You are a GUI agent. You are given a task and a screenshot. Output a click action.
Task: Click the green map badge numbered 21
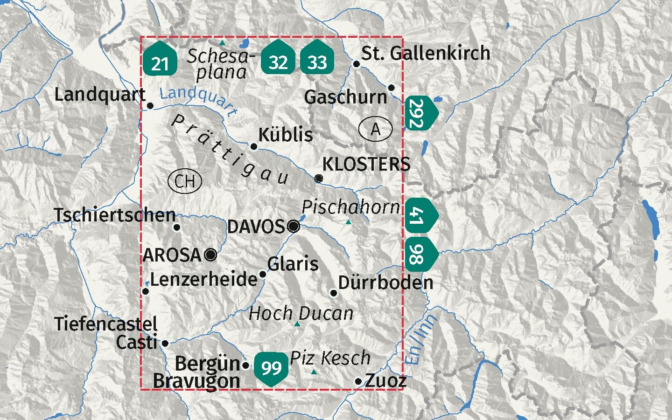(x=160, y=59)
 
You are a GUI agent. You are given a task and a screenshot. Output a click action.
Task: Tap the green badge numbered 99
(x=271, y=367)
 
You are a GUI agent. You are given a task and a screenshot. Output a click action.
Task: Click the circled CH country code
(x=185, y=181)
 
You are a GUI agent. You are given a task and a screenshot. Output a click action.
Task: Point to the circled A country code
(x=376, y=129)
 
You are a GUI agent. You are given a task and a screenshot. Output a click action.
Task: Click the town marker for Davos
(x=294, y=227)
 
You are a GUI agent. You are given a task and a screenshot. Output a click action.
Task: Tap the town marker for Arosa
(x=211, y=255)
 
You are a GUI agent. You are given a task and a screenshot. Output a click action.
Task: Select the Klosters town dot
(x=319, y=178)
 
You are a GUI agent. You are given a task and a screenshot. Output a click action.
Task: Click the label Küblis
(x=285, y=135)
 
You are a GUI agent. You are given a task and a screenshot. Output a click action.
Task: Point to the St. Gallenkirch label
(x=426, y=53)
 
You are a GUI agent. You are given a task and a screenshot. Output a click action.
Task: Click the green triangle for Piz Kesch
(x=314, y=372)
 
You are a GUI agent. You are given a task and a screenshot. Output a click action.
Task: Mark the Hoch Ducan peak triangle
(x=297, y=324)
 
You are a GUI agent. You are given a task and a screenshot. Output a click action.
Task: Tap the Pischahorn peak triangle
(x=348, y=222)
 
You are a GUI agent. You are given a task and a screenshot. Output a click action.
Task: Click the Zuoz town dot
(x=358, y=381)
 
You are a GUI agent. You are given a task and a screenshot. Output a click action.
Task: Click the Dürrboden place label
(x=385, y=282)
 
